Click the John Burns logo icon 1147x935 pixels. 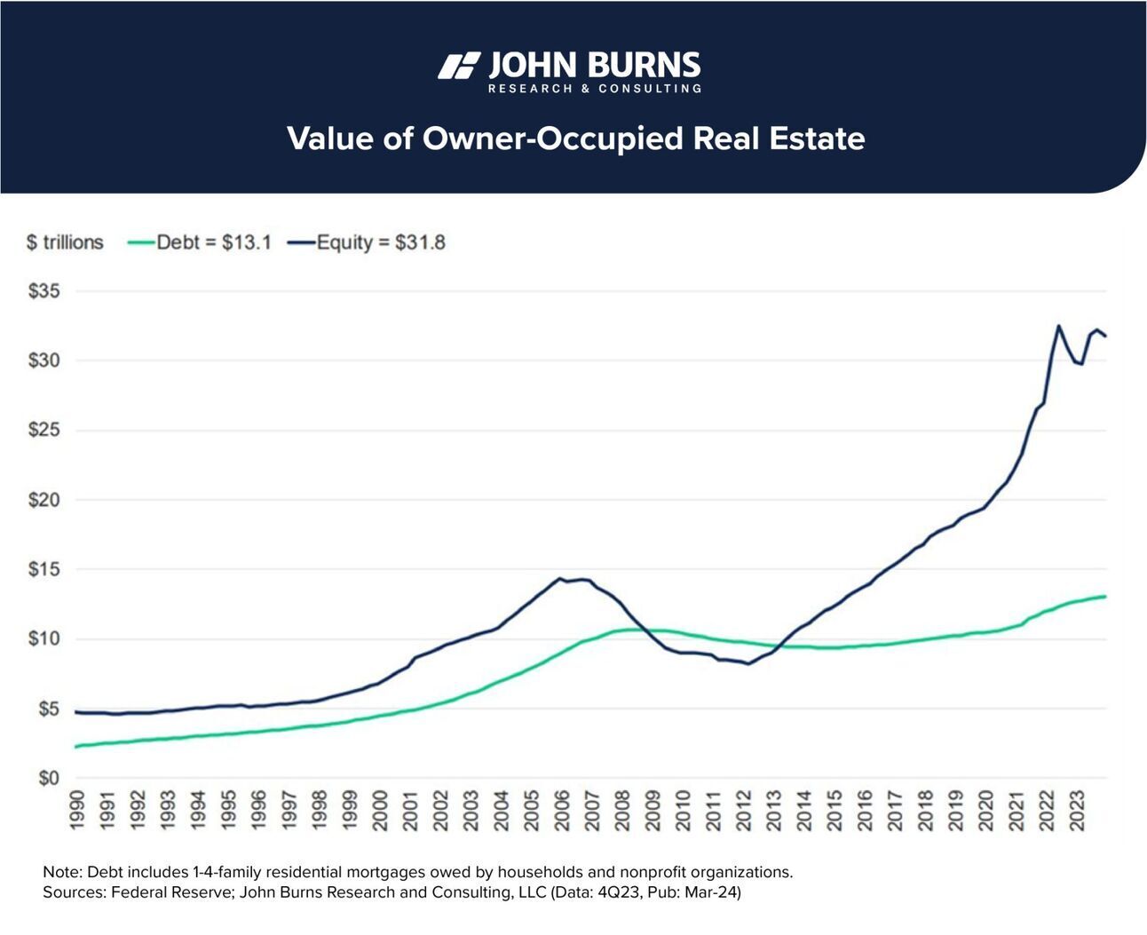(x=459, y=67)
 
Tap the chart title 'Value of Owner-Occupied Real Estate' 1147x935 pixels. (x=575, y=139)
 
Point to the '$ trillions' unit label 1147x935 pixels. (x=65, y=242)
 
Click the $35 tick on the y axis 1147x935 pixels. (x=44, y=291)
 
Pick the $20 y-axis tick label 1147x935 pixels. (x=44, y=500)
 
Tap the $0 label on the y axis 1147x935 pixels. (x=48, y=779)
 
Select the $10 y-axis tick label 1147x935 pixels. (x=44, y=639)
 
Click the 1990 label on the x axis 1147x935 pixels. (x=76, y=810)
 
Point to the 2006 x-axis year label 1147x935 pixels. (x=561, y=810)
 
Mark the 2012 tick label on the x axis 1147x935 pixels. (x=743, y=810)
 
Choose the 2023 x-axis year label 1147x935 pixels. (x=1076, y=810)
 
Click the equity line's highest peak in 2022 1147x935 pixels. (x=1058, y=326)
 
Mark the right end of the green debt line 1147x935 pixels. (x=1105, y=596)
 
